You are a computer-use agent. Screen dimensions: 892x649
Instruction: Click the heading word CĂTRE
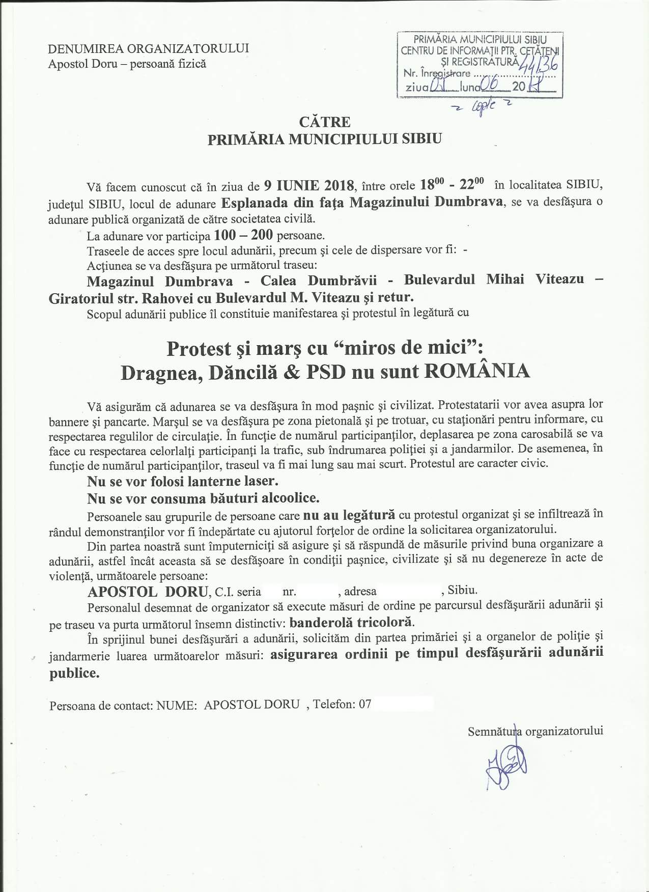pos(325,122)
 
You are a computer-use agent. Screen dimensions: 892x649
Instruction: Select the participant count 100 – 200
pos(244,235)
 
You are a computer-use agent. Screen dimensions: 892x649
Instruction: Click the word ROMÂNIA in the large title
pos(476,371)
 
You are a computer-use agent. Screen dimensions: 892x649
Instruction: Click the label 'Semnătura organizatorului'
pos(535,731)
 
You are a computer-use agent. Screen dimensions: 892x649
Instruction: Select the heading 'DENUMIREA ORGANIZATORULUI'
pos(148,49)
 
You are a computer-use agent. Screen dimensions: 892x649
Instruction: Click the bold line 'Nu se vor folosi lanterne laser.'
pos(183,481)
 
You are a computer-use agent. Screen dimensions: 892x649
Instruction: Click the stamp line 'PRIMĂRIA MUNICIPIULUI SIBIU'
pos(480,39)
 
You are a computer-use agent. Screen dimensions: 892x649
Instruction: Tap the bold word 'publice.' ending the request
pos(74,673)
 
